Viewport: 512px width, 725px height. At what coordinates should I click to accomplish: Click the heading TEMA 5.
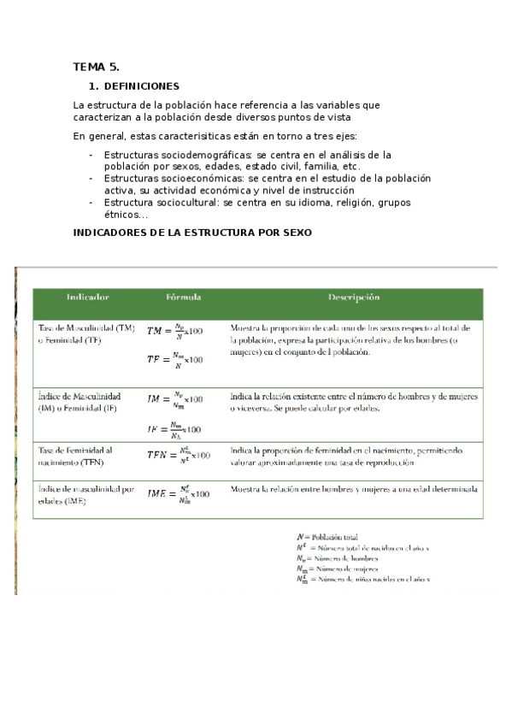(x=96, y=66)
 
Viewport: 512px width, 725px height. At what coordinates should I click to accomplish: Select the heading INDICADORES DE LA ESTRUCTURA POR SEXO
(x=192, y=233)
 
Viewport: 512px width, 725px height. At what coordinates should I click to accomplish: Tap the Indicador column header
(x=88, y=297)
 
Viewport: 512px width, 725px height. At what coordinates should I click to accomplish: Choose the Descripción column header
(x=353, y=297)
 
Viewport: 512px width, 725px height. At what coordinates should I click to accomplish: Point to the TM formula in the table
(x=174, y=329)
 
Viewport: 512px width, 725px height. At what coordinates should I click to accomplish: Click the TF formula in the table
(x=174, y=360)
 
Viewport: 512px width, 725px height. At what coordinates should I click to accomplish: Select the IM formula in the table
(x=174, y=398)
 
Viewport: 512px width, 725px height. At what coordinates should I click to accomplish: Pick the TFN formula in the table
(x=178, y=456)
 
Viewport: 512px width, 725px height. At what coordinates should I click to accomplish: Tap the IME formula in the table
(x=178, y=494)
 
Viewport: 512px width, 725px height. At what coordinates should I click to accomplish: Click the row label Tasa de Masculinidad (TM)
(x=86, y=328)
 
